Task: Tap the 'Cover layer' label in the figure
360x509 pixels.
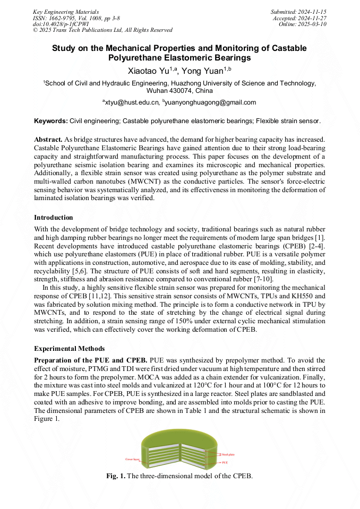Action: [x=132, y=459]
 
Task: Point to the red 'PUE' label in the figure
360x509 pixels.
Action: [x=225, y=463]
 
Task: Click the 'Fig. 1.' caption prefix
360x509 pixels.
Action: [x=116, y=476]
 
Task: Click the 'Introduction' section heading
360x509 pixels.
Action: [x=53, y=218]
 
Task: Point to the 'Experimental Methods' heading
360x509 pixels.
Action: [x=69, y=349]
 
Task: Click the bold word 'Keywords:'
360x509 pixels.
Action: [x=50, y=121]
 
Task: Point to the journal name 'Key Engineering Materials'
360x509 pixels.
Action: [x=66, y=12]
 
